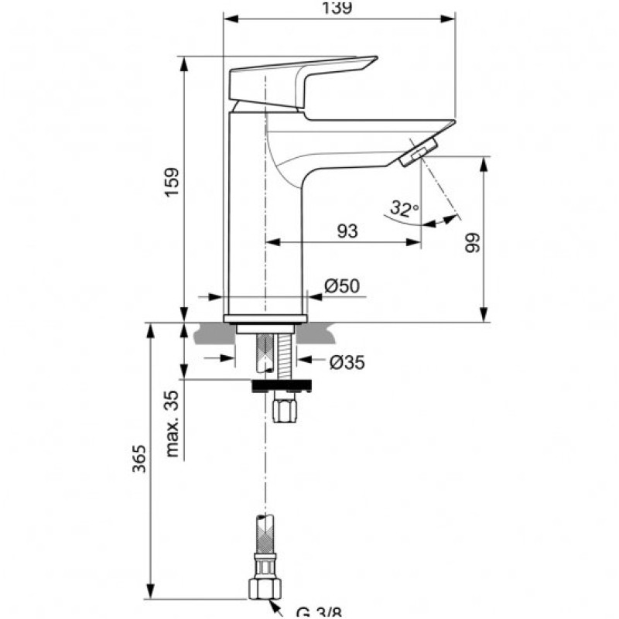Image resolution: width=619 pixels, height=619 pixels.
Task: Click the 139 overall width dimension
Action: coord(338,8)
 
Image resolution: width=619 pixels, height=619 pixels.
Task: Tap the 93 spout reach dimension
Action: coord(347,231)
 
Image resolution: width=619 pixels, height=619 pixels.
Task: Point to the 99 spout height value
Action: coord(473,241)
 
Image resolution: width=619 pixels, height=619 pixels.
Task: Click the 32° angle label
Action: coord(404,208)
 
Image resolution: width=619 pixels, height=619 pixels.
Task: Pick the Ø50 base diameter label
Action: coord(341,286)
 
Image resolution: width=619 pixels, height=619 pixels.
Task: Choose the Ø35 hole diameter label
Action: coord(346,361)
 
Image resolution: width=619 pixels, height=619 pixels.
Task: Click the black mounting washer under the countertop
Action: coord(282,385)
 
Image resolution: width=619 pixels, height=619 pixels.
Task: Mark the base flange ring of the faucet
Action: coord(265,318)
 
